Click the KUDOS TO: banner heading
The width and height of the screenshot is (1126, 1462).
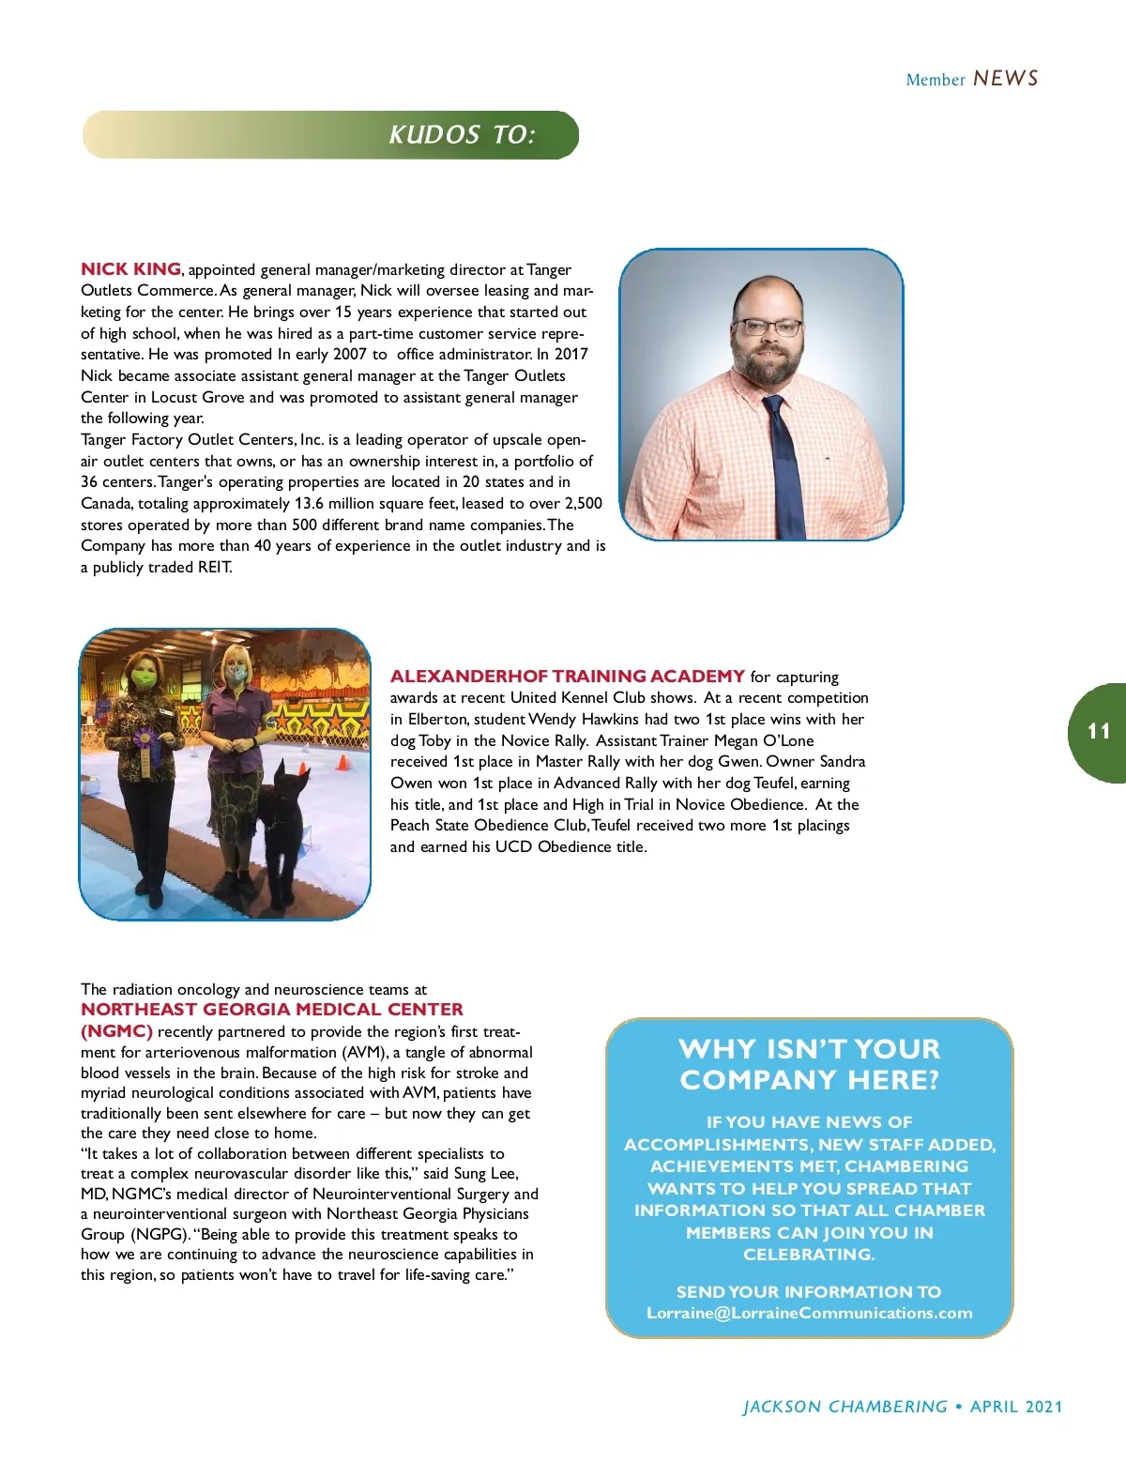pos(462,135)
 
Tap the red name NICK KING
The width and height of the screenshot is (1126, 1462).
pos(130,269)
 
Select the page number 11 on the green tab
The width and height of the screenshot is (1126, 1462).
pos(1099,731)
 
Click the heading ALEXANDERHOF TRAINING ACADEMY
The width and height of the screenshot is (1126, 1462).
pos(567,677)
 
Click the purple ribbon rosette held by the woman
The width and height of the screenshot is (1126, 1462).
pos(145,739)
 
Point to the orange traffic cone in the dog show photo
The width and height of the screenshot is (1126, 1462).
pos(342,763)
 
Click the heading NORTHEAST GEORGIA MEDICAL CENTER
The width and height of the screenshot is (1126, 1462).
pos(272,1010)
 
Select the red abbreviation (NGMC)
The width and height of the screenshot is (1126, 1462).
pos(116,1031)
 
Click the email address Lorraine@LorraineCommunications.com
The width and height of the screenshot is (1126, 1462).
pos(809,1314)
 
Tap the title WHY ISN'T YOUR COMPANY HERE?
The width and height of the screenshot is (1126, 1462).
pos(809,1064)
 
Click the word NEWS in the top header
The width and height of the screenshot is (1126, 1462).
pos(1006,79)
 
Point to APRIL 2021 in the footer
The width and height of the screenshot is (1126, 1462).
pos(1016,1407)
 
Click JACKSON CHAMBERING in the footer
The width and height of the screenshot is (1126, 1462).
pos(844,1407)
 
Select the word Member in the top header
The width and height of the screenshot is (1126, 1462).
pos(935,81)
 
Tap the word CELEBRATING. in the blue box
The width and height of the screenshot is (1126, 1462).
pos(809,1255)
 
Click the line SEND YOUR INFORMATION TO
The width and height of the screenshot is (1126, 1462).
pos(809,1292)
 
